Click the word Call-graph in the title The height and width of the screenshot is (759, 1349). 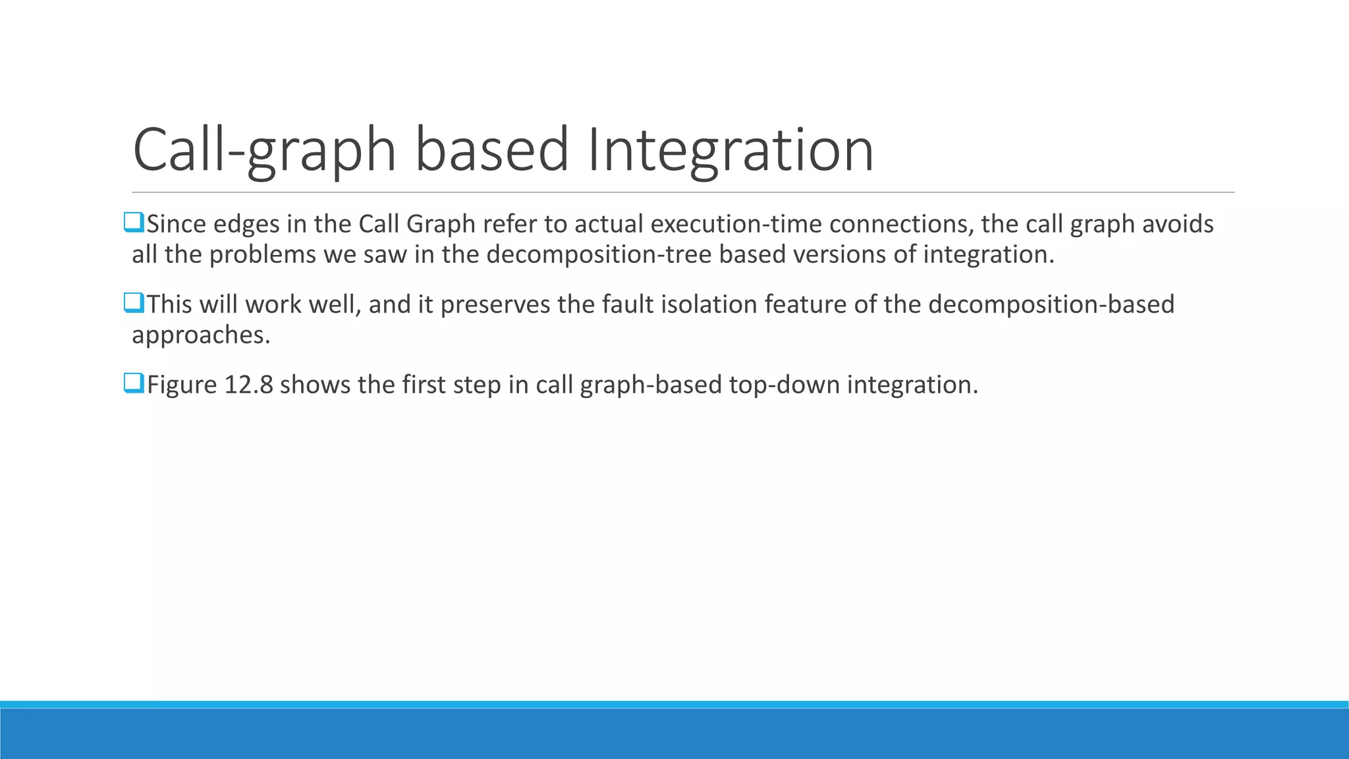click(263, 150)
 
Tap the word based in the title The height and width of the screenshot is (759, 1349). click(491, 150)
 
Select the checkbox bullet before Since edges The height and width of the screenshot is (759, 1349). click(134, 223)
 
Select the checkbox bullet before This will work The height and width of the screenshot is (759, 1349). click(134, 303)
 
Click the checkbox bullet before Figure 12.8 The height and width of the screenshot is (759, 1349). click(134, 383)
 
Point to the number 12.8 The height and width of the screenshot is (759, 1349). click(248, 385)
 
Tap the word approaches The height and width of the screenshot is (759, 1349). click(201, 335)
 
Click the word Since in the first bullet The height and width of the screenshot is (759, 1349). click(176, 224)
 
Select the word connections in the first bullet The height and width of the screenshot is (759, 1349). click(900, 224)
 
